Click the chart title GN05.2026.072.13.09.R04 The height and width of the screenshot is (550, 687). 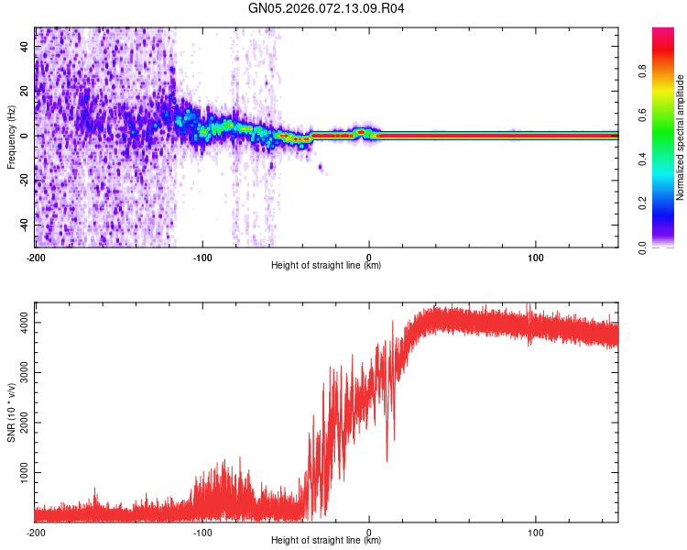coord(327,9)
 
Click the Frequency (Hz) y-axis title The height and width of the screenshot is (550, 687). coord(11,137)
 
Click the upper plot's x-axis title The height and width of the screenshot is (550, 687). coord(326,265)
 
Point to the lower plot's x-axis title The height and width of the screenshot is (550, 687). coord(326,540)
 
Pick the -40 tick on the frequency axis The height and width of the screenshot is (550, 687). coord(24,225)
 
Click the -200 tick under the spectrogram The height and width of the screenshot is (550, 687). coord(36,256)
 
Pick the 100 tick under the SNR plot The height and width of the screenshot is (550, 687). coord(536,531)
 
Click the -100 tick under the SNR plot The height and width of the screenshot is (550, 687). coord(202,531)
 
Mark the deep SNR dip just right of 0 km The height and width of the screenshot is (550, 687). coord(387,459)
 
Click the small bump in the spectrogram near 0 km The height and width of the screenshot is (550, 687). coord(363,132)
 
